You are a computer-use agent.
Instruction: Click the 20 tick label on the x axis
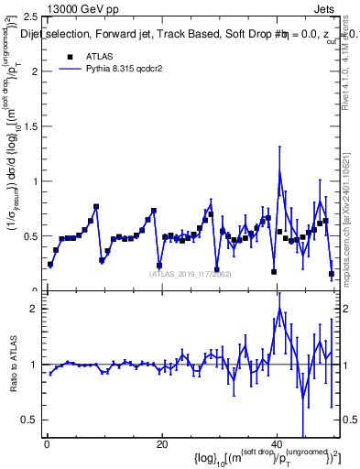161,444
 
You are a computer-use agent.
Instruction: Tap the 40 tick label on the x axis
277,444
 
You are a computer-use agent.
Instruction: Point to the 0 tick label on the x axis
46,444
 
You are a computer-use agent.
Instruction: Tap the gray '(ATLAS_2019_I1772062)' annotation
190,274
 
